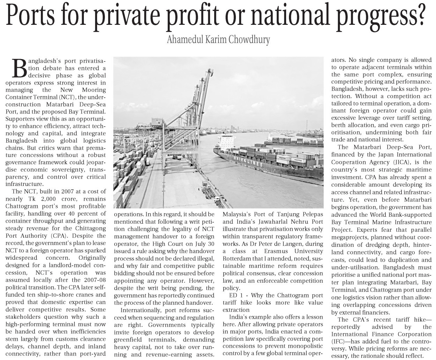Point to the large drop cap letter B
(x=20, y=68)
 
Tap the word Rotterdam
(x=237, y=258)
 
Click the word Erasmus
(x=272, y=251)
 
